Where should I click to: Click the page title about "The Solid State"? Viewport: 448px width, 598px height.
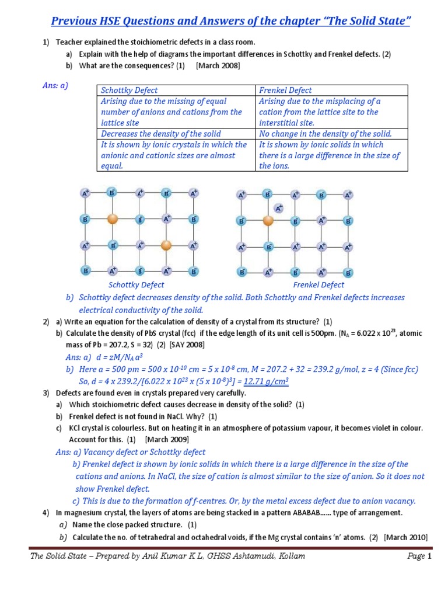tap(230, 22)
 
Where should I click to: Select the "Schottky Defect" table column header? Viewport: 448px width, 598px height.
tap(129, 90)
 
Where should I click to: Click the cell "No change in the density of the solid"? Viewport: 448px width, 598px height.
tap(325, 134)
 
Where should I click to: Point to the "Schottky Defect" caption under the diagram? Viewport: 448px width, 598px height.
tap(136, 285)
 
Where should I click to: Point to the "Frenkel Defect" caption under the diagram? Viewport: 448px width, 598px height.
tap(318, 285)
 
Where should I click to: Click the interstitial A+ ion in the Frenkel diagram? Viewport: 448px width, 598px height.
tap(279, 208)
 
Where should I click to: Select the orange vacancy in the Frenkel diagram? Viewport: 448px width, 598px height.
tap(268, 221)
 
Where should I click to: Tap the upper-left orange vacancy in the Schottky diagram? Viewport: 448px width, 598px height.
tap(113, 220)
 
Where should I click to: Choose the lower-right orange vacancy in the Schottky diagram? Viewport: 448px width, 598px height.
tap(166, 245)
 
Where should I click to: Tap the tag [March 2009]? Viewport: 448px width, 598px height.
tap(167, 439)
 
